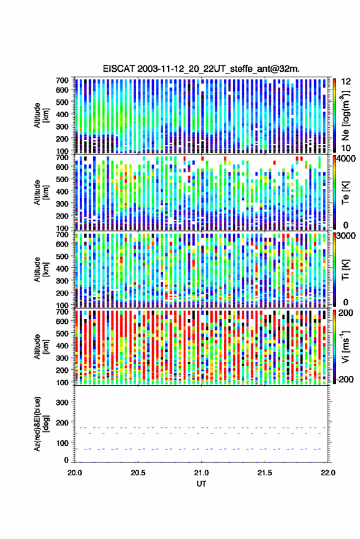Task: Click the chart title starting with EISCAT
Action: [201, 69]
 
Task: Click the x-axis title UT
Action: [201, 484]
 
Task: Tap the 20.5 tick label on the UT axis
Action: [138, 473]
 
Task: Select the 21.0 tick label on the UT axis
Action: [201, 473]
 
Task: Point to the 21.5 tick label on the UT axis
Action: [264, 473]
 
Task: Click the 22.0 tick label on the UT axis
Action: [327, 473]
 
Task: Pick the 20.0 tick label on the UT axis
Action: [75, 473]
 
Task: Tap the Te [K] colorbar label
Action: [345, 193]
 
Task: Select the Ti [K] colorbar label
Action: [345, 270]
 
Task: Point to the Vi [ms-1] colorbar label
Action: [345, 346]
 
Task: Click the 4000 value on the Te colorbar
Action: [346, 159]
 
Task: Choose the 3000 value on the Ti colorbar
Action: [346, 236]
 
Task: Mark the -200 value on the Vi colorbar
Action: [345, 380]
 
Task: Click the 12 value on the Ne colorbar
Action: [346, 82]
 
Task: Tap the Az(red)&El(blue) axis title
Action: [41, 424]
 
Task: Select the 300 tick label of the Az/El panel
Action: [62, 402]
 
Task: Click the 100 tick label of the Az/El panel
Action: [62, 443]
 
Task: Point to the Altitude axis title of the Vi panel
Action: [41, 346]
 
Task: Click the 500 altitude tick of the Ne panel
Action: [62, 102]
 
